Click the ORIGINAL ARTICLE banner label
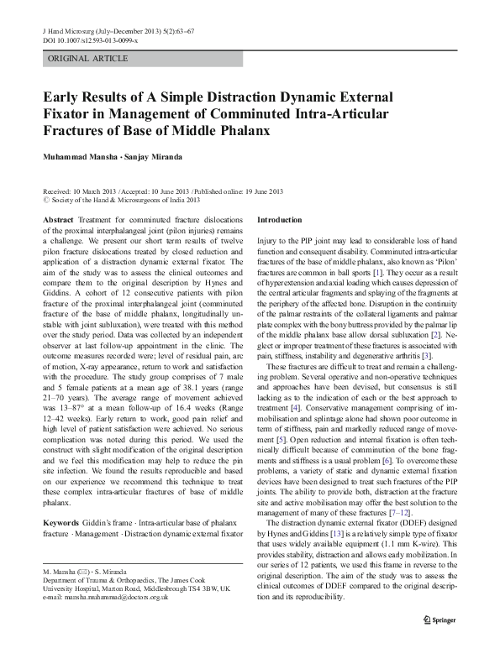[x=88, y=59]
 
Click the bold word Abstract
[x=58, y=219]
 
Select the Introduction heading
[x=279, y=219]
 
